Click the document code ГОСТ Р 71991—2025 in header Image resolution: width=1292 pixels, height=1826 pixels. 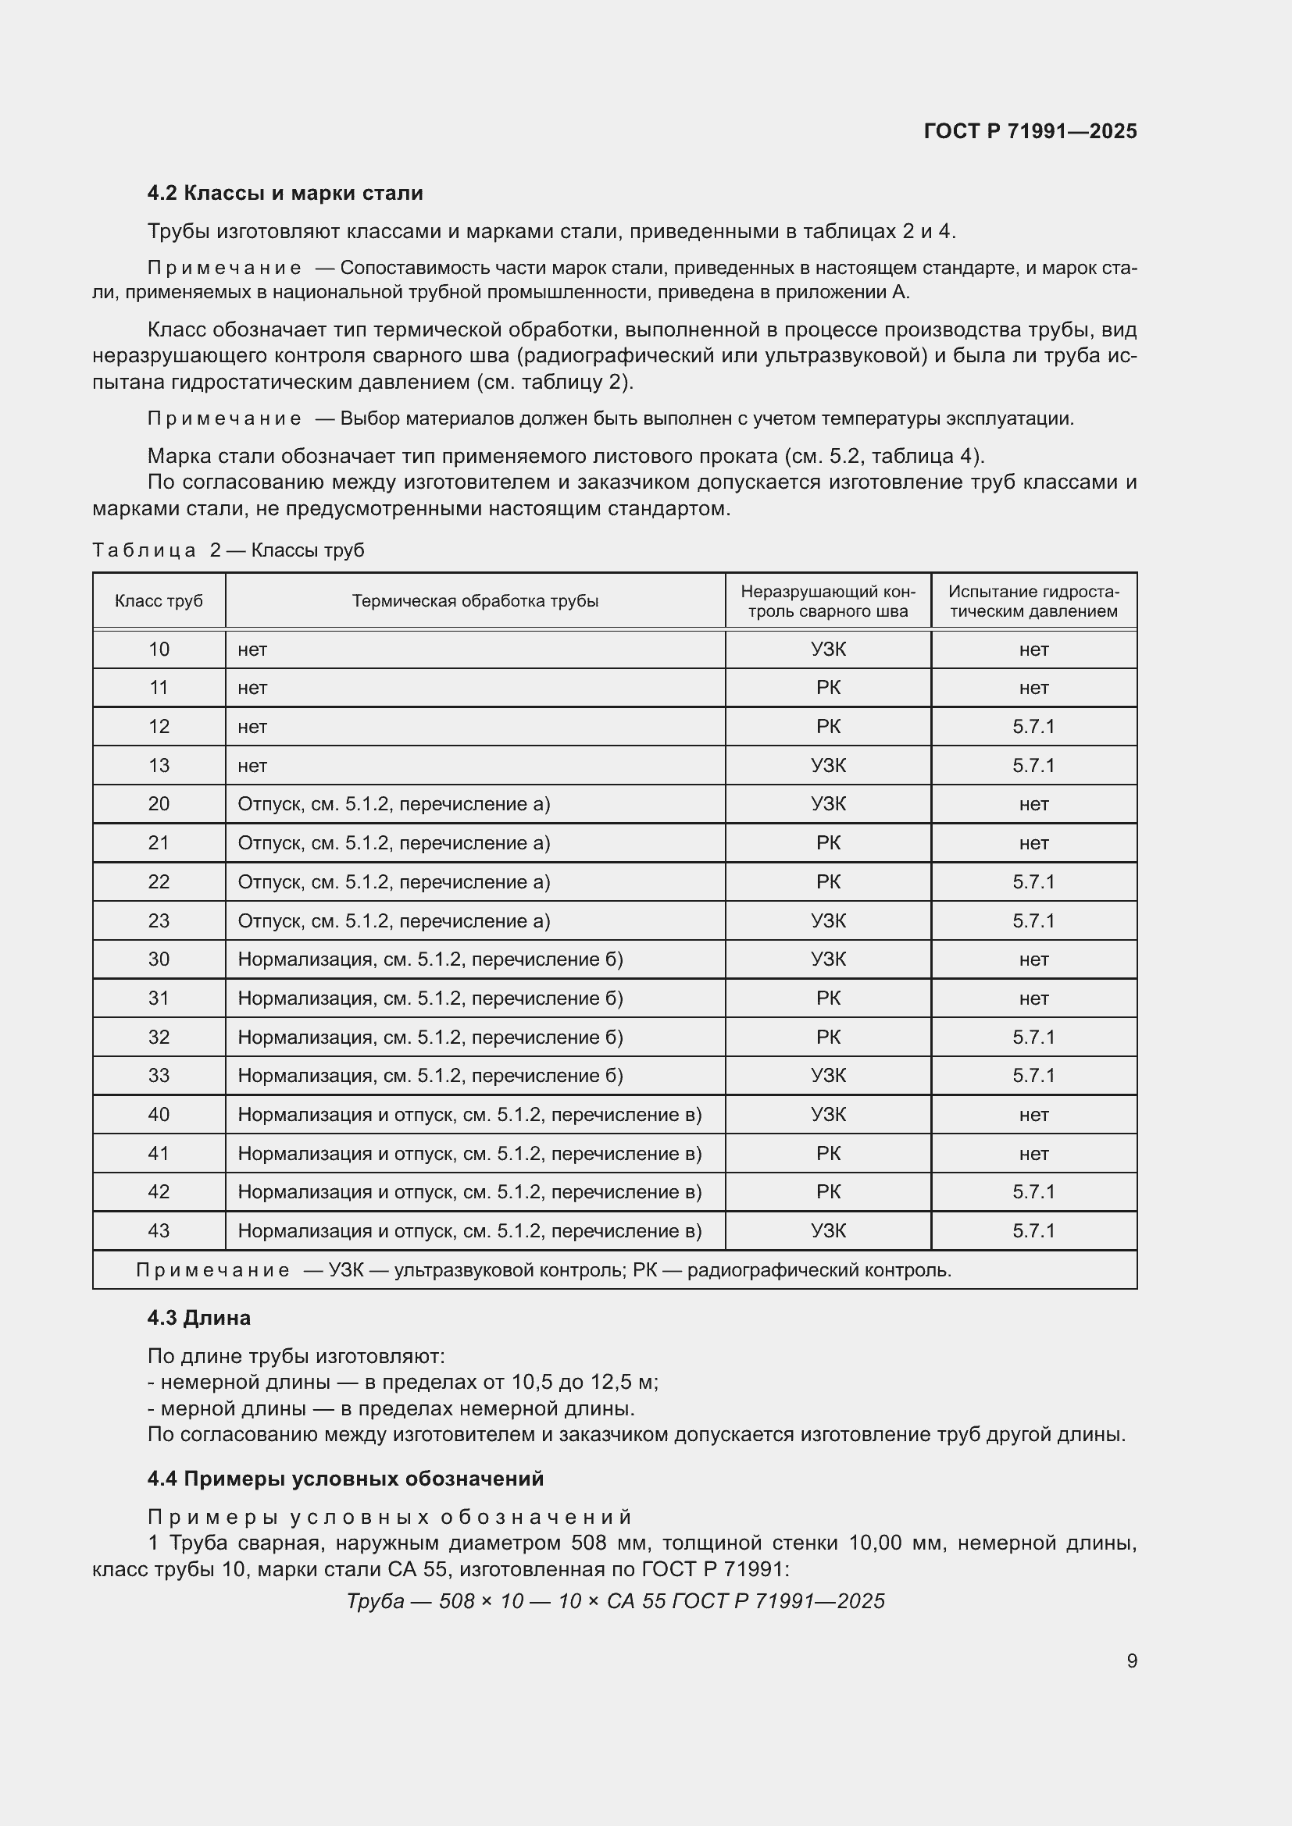[1030, 131]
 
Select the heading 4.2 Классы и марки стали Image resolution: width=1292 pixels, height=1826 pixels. [285, 194]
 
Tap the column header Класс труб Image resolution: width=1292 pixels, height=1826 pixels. [159, 601]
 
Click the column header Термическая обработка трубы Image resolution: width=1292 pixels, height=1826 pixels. [475, 601]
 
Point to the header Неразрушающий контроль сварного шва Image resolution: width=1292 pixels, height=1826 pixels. [827, 601]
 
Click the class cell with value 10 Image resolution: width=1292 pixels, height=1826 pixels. [159, 650]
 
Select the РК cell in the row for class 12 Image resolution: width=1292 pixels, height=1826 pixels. [827, 727]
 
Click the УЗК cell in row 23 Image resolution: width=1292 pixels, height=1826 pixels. [827, 921]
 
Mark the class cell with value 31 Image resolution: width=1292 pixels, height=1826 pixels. [159, 998]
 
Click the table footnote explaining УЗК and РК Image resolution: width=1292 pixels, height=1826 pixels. [544, 1270]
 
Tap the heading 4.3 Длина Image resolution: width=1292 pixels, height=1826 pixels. [198, 1318]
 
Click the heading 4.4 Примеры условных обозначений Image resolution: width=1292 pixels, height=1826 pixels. [345, 1479]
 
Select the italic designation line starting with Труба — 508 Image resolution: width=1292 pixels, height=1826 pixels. [615, 1601]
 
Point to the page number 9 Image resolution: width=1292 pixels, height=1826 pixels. [1131, 1660]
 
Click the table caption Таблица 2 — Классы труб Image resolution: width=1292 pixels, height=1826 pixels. [228, 550]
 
